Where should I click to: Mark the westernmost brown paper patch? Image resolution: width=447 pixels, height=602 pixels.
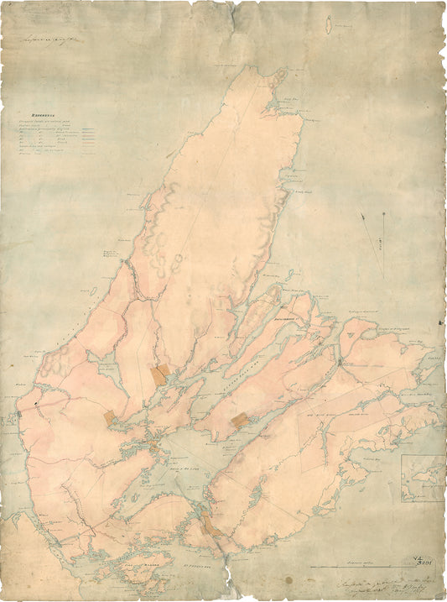[109, 416]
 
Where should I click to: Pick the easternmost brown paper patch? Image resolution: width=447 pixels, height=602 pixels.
[240, 419]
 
